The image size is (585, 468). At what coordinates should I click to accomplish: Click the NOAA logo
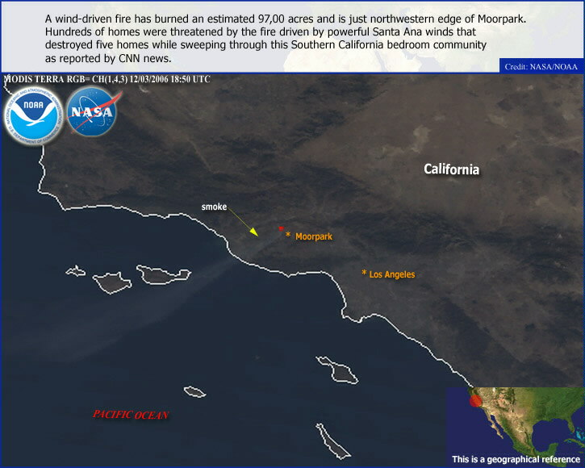coord(34,116)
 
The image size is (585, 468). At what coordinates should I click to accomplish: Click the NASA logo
coord(93,111)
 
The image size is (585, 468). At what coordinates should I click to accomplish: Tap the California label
coord(451,169)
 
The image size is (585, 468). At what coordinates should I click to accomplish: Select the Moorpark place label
coord(314,236)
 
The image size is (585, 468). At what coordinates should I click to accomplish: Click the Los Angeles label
coord(392,274)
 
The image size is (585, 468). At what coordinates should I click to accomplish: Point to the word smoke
coord(214,207)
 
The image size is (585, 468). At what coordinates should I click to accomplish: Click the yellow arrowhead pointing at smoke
coord(254,232)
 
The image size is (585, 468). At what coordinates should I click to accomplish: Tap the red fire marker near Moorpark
coord(281,228)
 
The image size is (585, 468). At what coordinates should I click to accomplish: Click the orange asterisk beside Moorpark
coord(288,235)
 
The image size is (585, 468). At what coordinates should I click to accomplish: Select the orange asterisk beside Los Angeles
coord(364,273)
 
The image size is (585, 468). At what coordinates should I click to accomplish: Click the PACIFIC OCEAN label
coord(131,414)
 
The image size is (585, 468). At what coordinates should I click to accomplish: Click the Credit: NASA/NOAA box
coord(541,66)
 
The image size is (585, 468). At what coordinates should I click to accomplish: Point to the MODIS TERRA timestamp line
coord(107,79)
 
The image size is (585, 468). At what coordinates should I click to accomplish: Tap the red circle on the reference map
coord(476,401)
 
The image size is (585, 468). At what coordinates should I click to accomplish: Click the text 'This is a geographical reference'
coord(516,459)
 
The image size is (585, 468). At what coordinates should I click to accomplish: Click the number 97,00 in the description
coord(271,19)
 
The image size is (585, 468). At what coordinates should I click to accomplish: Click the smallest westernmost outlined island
coord(76,271)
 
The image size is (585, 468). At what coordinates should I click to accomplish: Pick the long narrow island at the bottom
coord(332,441)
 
